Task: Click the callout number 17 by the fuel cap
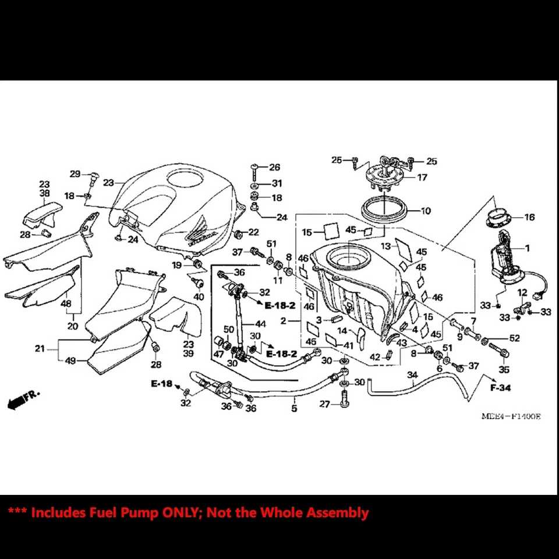423,177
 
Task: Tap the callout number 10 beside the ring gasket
426,211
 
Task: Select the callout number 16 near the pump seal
529,217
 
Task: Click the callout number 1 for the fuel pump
528,248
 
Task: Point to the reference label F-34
500,387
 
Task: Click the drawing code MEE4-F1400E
511,416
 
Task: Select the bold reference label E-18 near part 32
162,384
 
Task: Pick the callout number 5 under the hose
294,409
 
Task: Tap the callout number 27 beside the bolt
324,404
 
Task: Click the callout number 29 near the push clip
75,174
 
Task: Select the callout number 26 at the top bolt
274,167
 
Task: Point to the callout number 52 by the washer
514,338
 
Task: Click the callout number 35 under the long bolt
504,369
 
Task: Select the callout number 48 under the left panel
66,303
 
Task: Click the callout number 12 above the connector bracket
522,292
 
